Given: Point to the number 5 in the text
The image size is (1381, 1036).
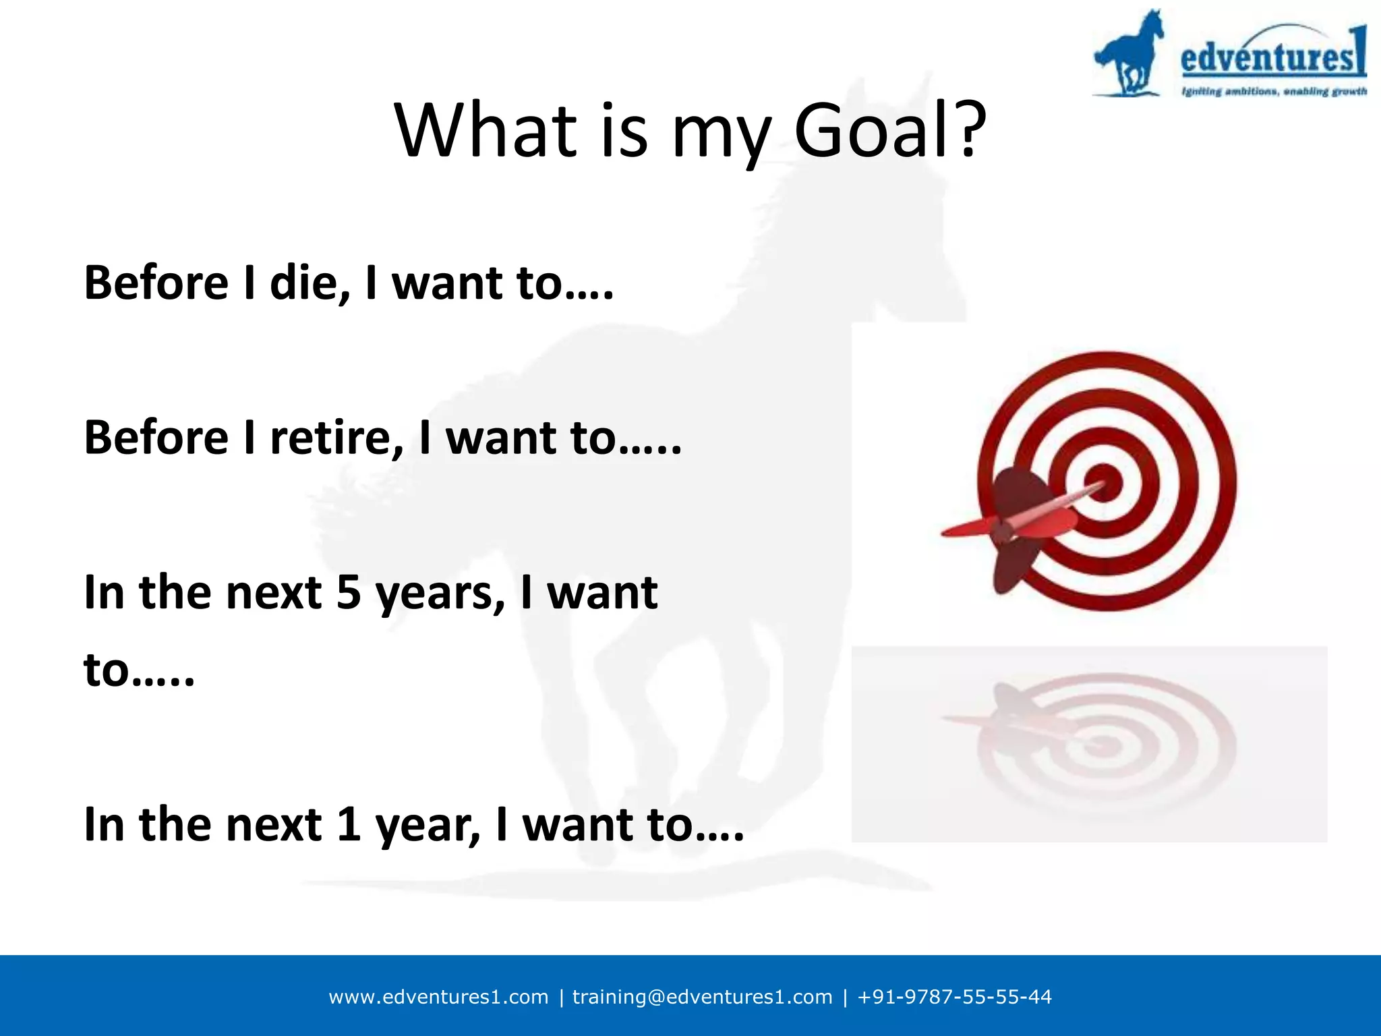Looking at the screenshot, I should [x=349, y=594].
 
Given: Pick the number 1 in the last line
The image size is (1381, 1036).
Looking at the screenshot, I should [x=349, y=824].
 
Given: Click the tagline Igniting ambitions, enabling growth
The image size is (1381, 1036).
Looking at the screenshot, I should [x=1273, y=91].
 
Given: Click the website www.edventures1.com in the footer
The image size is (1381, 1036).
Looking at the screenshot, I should [x=438, y=997].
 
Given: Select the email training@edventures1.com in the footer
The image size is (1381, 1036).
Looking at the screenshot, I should [x=702, y=997].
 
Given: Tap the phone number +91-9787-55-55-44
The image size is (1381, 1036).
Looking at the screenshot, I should [x=954, y=997].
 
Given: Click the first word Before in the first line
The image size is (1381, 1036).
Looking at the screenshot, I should [x=156, y=283].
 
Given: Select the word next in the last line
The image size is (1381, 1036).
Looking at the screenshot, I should [x=273, y=826].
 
